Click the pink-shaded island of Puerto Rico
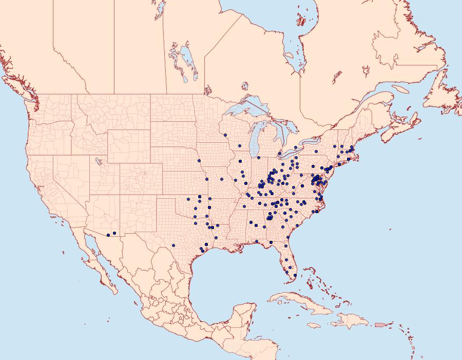pos(380,324)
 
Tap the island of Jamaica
pos(314,325)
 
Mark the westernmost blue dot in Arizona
pos(108,235)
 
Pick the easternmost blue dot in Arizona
pos(114,234)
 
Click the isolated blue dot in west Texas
pos(174,245)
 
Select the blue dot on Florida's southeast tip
pos(295,275)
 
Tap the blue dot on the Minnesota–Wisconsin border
pos(225,135)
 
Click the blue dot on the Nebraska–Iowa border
pos(199,161)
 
